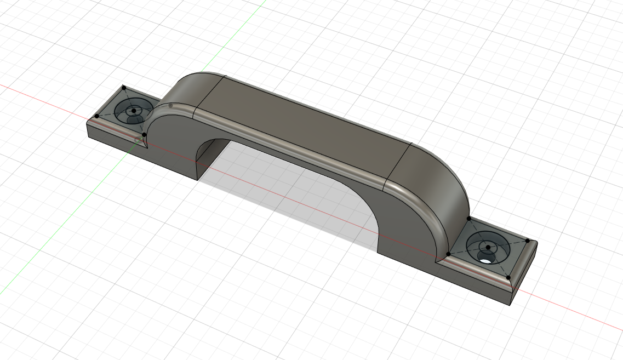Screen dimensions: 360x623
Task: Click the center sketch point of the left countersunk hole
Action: tap(134, 111)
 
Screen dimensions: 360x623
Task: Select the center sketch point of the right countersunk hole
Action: tap(488, 247)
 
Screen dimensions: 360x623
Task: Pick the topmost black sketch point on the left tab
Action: tap(124, 88)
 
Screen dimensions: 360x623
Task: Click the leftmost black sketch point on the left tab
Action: tap(97, 116)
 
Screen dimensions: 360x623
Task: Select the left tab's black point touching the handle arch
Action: tap(144, 134)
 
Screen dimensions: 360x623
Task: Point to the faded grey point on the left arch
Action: tap(171, 105)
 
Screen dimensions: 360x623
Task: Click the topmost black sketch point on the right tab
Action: tap(469, 219)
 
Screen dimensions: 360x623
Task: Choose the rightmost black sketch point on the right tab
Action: tap(527, 240)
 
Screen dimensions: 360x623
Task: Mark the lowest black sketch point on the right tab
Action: tap(508, 277)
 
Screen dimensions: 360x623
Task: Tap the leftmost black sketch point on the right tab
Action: tap(448, 254)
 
